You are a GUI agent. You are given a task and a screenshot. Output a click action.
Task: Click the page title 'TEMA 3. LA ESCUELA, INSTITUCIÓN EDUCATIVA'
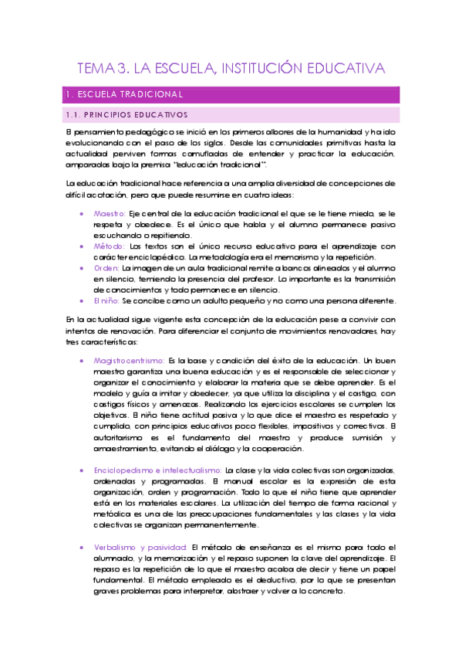tap(231, 69)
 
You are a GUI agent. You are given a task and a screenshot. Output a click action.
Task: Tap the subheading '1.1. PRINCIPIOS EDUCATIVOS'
tap(128, 115)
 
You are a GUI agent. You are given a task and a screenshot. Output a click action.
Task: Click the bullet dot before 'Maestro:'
tap(83, 213)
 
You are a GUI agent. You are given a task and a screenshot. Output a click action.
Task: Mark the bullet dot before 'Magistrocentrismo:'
tap(83, 361)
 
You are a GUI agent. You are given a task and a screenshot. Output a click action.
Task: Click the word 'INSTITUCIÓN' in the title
tap(265, 69)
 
